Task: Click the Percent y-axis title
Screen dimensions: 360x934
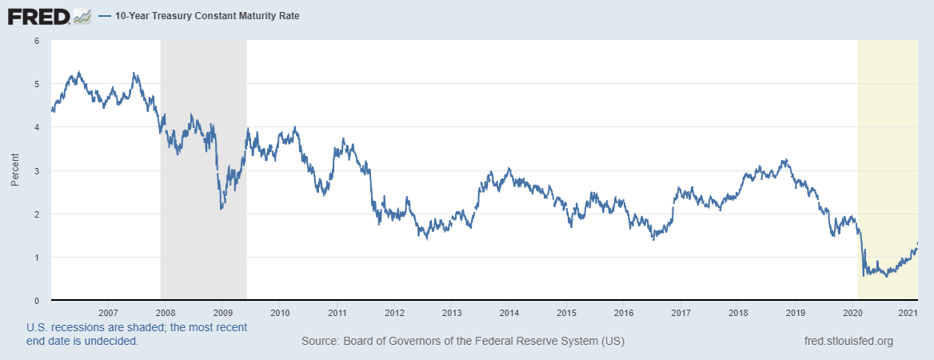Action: pyautogui.click(x=14, y=170)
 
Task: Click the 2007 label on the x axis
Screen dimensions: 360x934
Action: pyautogui.click(x=108, y=312)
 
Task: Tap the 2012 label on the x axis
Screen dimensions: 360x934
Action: pyautogui.click(x=394, y=312)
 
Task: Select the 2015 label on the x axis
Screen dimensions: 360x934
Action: pyautogui.click(x=566, y=312)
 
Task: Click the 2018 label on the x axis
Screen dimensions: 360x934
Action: pyautogui.click(x=738, y=312)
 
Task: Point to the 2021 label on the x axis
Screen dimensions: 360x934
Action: pyautogui.click(x=908, y=312)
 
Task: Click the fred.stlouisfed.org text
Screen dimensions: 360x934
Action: pyautogui.click(x=848, y=342)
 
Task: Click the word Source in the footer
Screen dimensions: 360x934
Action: pyautogui.click(x=319, y=342)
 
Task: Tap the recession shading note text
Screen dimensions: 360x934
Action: pyautogui.click(x=136, y=334)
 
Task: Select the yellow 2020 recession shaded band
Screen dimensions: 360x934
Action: pyautogui.click(x=887, y=120)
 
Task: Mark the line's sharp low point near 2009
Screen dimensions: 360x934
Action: pyautogui.click(x=221, y=209)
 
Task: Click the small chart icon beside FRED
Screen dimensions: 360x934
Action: pyautogui.click(x=82, y=15)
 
